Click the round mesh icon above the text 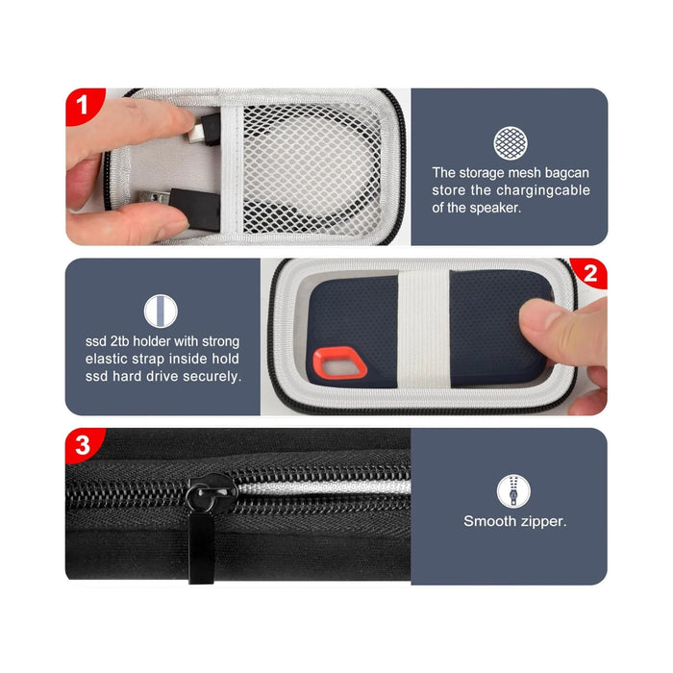click(510, 143)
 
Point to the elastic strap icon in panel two click(161, 310)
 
